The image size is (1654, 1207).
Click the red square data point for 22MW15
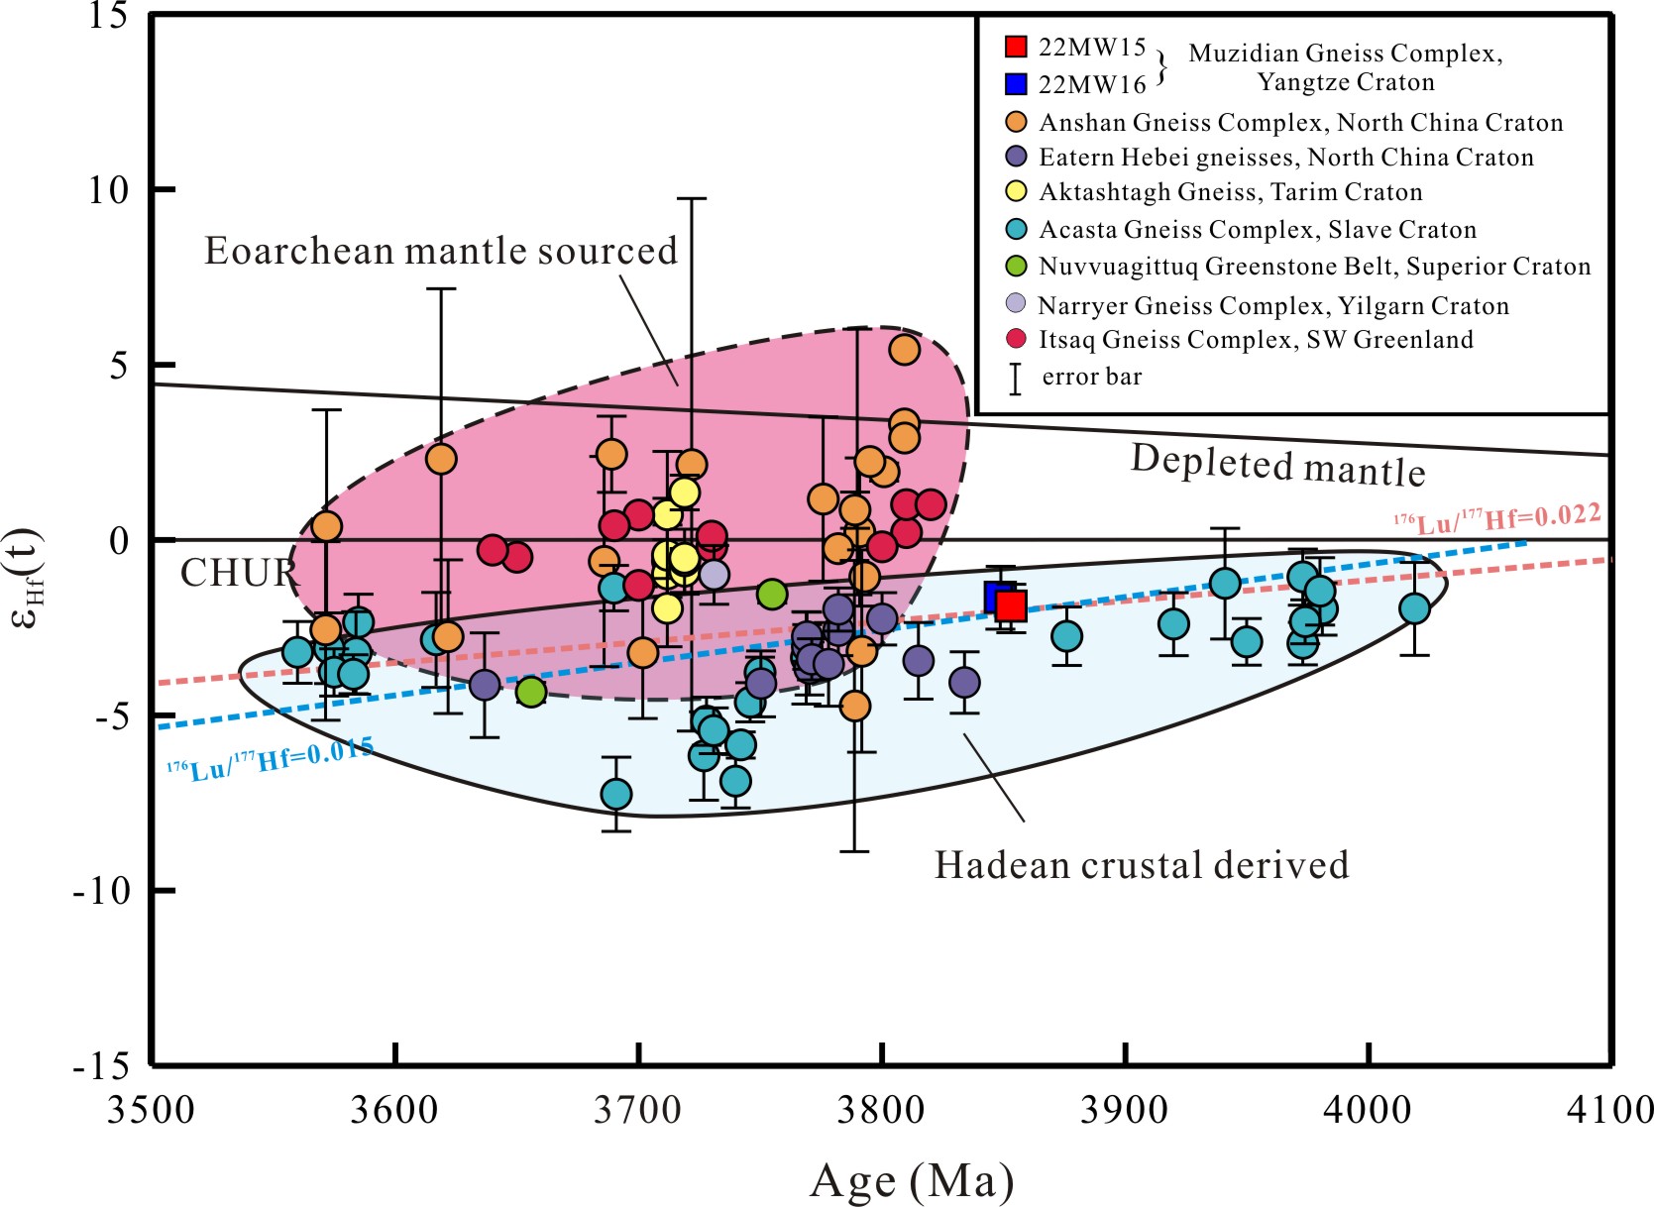[x=1011, y=604]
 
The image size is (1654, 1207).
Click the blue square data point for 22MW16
[x=997, y=596]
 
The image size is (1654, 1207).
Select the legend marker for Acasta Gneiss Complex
[x=1016, y=230]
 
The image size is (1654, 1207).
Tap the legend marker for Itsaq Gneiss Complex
[x=1016, y=339]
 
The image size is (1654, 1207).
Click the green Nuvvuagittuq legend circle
[x=1016, y=267]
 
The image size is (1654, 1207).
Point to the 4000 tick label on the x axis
[x=1369, y=1110]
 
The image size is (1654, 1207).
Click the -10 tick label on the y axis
[x=102, y=891]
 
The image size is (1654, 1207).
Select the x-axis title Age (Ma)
[x=912, y=1180]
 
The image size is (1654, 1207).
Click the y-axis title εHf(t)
[x=27, y=579]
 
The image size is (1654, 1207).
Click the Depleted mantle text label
[x=1278, y=465]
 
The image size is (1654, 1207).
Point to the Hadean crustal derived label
[x=1142, y=865]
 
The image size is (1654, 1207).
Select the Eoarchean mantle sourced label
[x=441, y=251]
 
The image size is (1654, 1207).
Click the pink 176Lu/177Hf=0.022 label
[x=1497, y=518]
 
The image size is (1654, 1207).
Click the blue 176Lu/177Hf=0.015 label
[x=270, y=759]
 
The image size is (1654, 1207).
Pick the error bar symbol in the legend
[x=1015, y=378]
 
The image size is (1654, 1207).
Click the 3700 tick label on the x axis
[x=638, y=1110]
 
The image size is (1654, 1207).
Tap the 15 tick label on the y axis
[x=108, y=16]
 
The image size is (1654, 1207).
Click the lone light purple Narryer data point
[x=714, y=574]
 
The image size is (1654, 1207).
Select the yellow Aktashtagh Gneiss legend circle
[x=1016, y=191]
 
